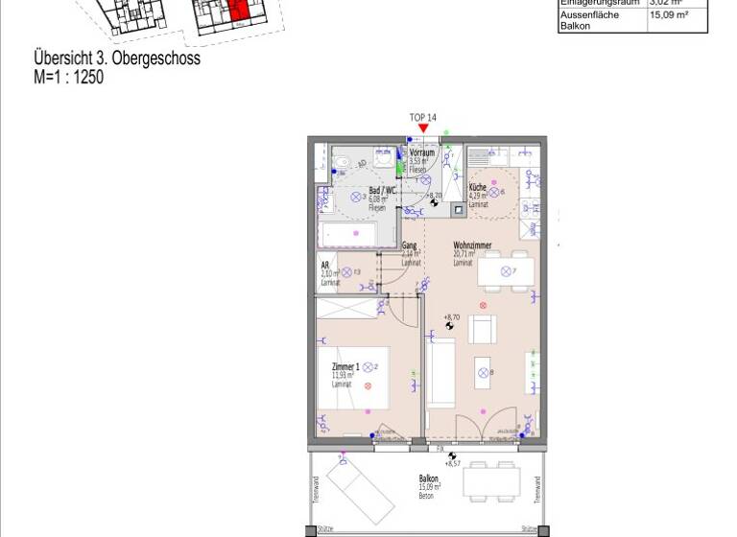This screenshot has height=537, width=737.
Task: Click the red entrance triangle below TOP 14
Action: tap(423, 128)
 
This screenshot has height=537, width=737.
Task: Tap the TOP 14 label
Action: tap(423, 117)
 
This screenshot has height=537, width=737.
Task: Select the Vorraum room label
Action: tap(422, 152)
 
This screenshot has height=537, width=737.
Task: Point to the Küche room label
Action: tap(477, 189)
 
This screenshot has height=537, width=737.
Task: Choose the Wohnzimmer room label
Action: tap(472, 245)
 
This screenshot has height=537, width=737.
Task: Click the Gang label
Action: tap(410, 245)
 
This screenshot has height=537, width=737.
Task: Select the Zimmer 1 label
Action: tap(345, 367)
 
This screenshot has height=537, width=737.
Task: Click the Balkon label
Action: tap(429, 479)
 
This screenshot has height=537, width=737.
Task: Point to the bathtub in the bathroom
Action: tap(356, 234)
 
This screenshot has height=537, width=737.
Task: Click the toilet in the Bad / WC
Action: tap(342, 163)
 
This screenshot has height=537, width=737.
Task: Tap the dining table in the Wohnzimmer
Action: tap(506, 272)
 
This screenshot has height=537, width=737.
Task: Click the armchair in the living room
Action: tap(482, 328)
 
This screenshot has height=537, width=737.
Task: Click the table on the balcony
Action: tap(495, 479)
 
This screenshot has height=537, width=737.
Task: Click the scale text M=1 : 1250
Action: tap(68, 78)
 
